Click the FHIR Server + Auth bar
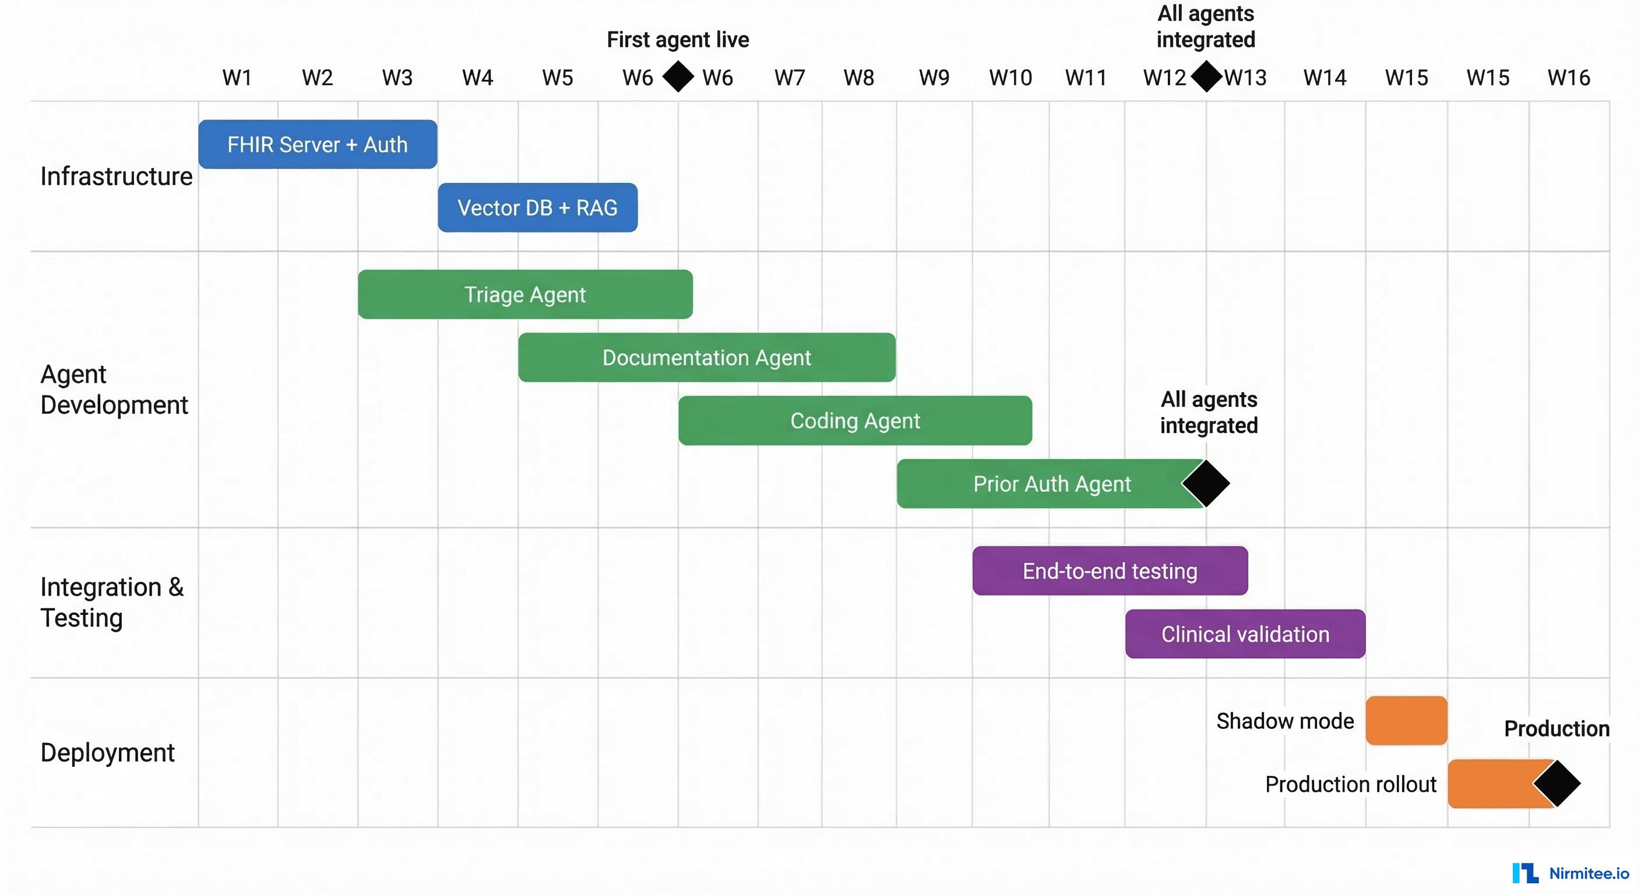(x=317, y=145)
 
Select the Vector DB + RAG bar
(x=537, y=207)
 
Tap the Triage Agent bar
(x=525, y=294)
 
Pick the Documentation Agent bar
(x=706, y=357)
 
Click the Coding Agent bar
(x=855, y=421)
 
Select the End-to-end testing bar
(x=1110, y=571)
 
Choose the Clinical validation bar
(x=1245, y=634)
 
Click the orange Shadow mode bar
(x=1406, y=720)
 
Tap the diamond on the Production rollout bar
(x=1557, y=784)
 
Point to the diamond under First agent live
(x=678, y=76)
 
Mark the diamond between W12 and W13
(x=1206, y=76)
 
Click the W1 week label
(x=237, y=77)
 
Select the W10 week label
(x=1010, y=77)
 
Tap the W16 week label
(x=1568, y=77)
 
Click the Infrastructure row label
(x=116, y=177)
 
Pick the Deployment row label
(x=107, y=753)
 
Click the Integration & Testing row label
(x=111, y=602)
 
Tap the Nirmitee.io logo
(x=1570, y=873)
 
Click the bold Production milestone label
(x=1557, y=729)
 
